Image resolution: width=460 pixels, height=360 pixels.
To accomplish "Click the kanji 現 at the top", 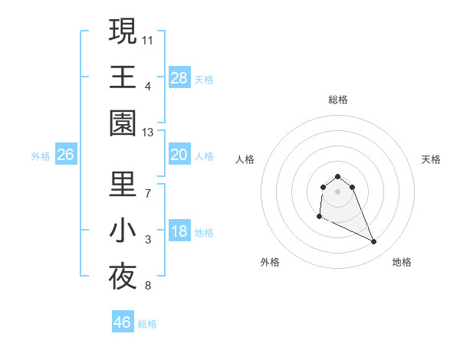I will tap(123, 31).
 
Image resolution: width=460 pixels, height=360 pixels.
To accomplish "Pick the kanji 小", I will tap(123, 231).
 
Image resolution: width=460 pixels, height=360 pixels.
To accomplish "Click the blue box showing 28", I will tap(179, 78).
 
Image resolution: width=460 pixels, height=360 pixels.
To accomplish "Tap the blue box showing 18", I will tap(179, 232).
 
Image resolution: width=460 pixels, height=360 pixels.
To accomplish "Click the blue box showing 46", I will tap(123, 322).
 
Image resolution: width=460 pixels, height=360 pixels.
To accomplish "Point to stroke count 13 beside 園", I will tap(148, 133).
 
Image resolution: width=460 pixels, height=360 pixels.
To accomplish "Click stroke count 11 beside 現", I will tap(148, 38).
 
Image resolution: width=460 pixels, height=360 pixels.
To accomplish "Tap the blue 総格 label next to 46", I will tap(147, 324).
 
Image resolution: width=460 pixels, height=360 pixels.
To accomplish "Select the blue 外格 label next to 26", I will tap(41, 156).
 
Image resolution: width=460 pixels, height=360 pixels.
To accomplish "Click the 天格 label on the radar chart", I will tap(432, 159).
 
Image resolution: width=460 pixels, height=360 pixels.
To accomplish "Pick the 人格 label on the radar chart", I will tap(245, 159).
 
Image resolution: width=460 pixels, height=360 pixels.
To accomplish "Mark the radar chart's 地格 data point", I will tap(374, 242).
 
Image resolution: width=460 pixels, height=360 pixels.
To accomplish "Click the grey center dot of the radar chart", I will tap(337, 191).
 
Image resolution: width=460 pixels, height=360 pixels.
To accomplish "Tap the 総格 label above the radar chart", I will tap(337, 100).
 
